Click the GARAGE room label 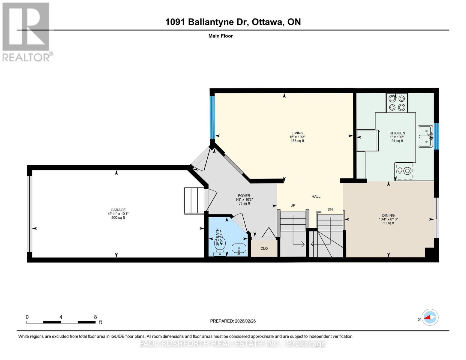click(x=118, y=210)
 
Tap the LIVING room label click(x=297, y=133)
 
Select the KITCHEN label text click(x=397, y=133)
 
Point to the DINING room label click(x=388, y=215)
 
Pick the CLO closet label click(x=264, y=248)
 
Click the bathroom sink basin click(x=239, y=248)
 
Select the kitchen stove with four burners click(x=397, y=103)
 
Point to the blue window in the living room click(x=212, y=117)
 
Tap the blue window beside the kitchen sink click(x=436, y=136)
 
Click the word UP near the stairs click(x=293, y=205)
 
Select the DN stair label click(x=330, y=209)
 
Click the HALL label click(x=316, y=196)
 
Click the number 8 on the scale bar click(x=95, y=317)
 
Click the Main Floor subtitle click(x=221, y=36)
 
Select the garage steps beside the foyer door click(x=194, y=200)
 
